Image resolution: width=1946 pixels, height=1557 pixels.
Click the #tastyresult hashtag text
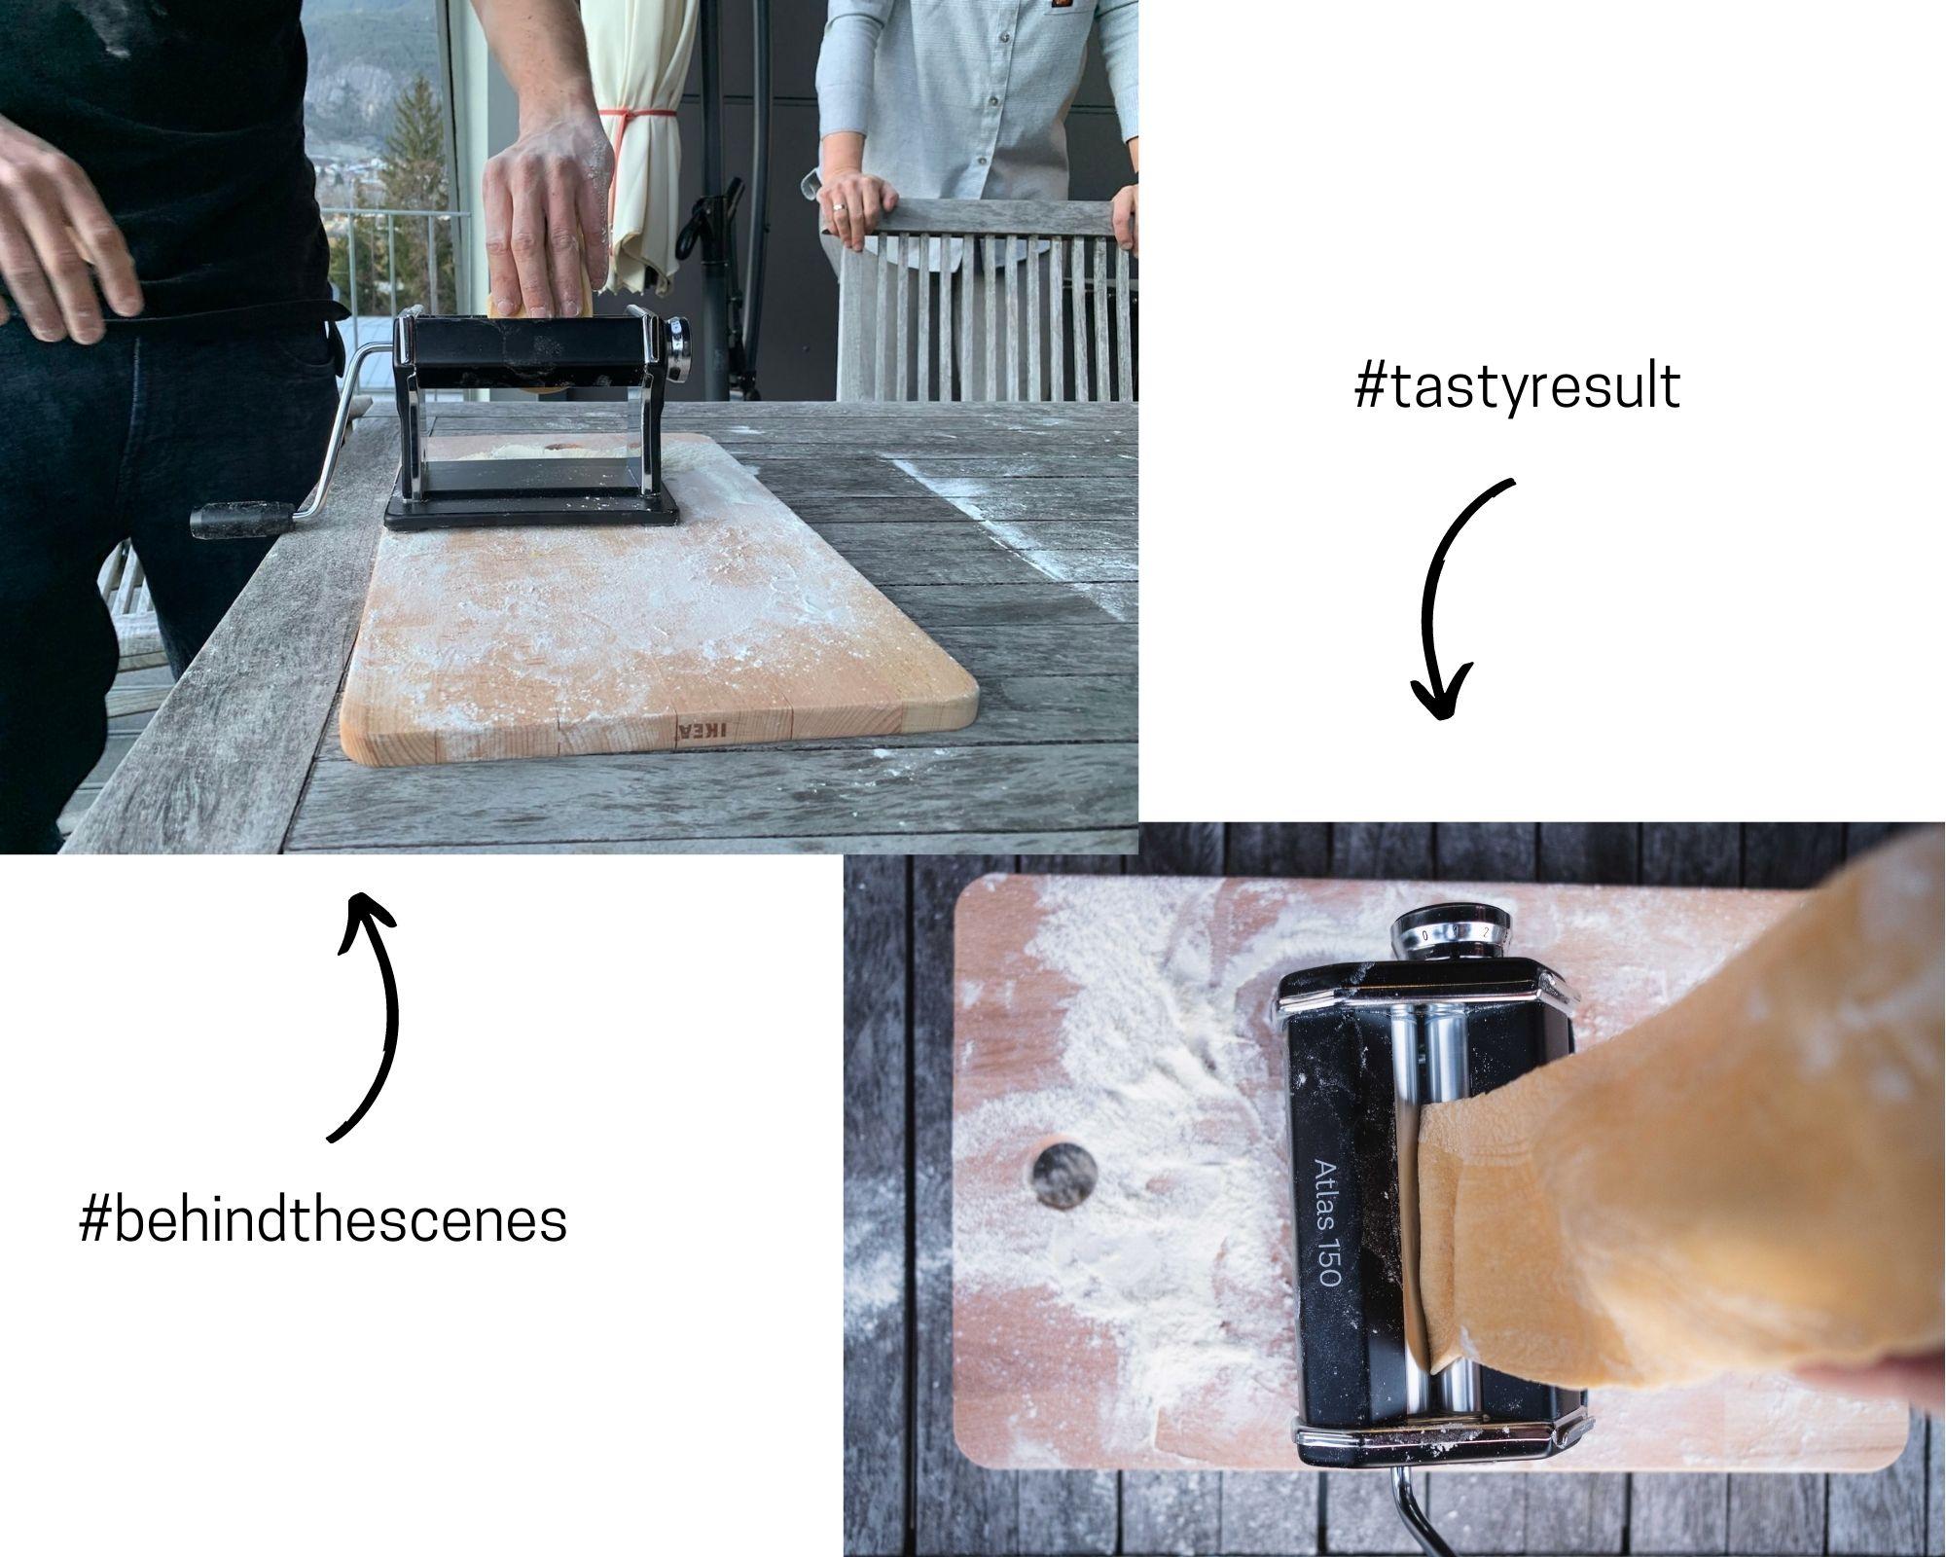(1516, 389)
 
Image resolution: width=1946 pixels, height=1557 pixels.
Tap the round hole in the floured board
(1063, 1176)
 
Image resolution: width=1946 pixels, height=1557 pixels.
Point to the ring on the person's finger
(838, 208)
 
